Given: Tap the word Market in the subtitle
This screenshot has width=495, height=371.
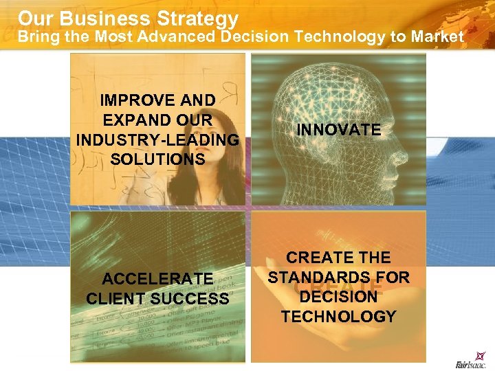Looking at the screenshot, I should pos(438,37).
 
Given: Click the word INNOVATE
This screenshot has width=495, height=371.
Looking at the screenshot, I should pos(339,130).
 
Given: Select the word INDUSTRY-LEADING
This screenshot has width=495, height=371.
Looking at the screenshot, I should pos(158,139).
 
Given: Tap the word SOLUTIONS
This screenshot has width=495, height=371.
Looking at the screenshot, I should pos(158,159).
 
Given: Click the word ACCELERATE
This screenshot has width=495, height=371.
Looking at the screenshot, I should pos(157,279).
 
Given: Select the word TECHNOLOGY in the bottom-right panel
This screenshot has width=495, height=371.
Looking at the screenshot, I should pos(338,317).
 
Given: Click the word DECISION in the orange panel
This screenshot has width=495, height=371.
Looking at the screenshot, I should pos(338,297).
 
